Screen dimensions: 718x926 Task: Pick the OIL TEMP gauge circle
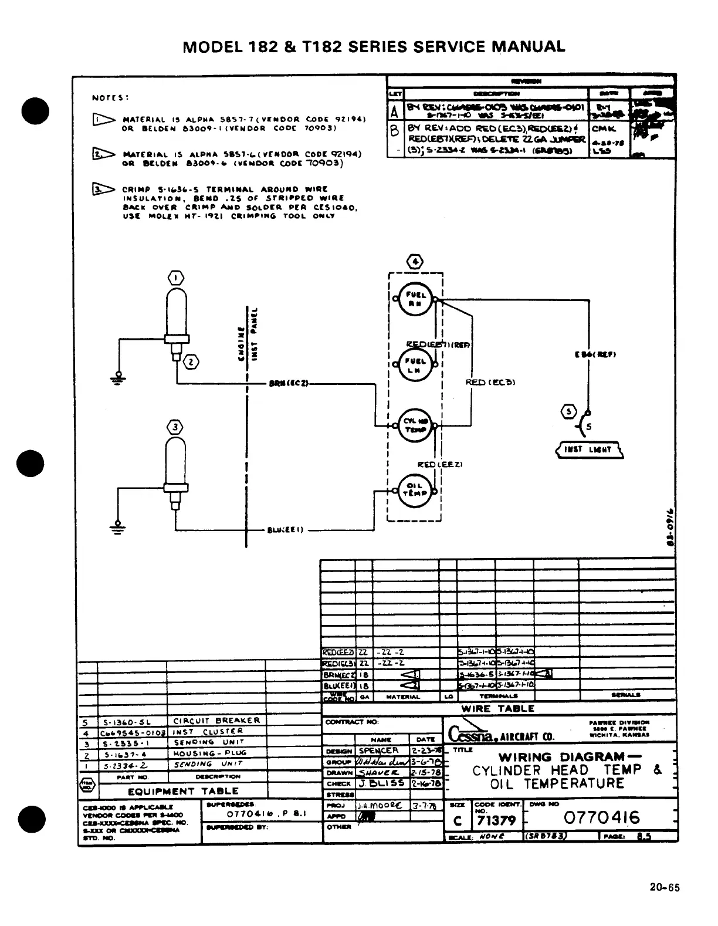(x=415, y=488)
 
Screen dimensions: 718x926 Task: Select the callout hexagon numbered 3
(x=175, y=427)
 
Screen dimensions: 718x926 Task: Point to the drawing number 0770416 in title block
(x=602, y=817)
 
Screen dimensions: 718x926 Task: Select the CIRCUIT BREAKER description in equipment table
(x=215, y=721)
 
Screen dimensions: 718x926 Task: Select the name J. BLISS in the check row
(x=382, y=783)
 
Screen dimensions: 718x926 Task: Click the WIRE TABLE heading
(x=498, y=708)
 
